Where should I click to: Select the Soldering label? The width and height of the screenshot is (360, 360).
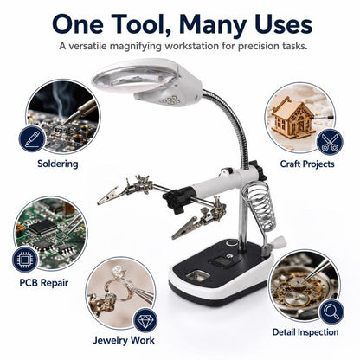58,164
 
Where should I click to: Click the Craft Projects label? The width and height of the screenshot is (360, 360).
307,164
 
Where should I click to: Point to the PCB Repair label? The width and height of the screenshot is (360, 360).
44,283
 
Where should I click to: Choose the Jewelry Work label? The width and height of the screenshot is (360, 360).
124,340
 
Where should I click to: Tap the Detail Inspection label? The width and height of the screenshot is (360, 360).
305,332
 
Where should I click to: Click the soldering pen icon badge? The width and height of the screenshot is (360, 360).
32,138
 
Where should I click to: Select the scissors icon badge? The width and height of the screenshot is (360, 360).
330,143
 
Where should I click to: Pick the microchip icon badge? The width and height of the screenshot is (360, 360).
25,260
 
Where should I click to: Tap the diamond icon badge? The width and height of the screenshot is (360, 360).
145,320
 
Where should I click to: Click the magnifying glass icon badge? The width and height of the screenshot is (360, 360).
331,312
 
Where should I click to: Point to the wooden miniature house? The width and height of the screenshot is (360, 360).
292,119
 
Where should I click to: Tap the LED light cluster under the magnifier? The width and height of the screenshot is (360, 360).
170,100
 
